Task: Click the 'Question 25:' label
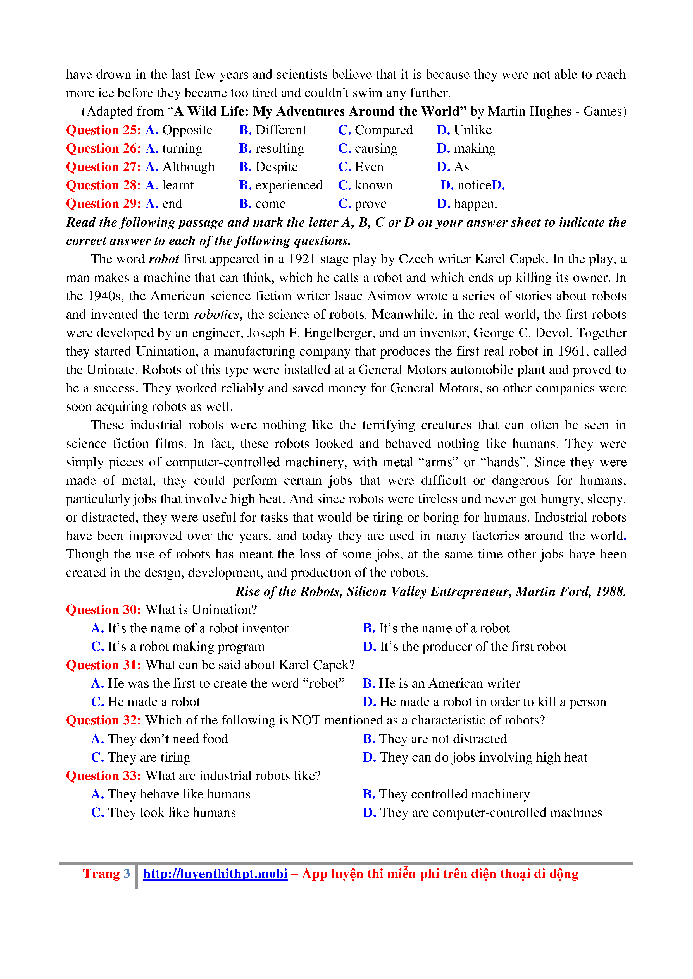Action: pyautogui.click(x=103, y=130)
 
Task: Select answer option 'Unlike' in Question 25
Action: pyautogui.click(x=472, y=130)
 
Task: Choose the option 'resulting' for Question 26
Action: pyautogui.click(x=280, y=148)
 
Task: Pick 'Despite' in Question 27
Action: pyautogui.click(x=277, y=167)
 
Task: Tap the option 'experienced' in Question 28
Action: pyautogui.click(x=289, y=186)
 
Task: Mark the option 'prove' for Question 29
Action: pyautogui.click(x=370, y=204)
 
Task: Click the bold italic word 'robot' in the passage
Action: pyautogui.click(x=164, y=259)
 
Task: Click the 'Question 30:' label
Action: pyautogui.click(x=103, y=610)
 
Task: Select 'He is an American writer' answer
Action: pyautogui.click(x=450, y=683)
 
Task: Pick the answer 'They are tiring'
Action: pyautogui.click(x=149, y=757)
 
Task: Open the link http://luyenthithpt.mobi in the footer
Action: pyautogui.click(x=215, y=874)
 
